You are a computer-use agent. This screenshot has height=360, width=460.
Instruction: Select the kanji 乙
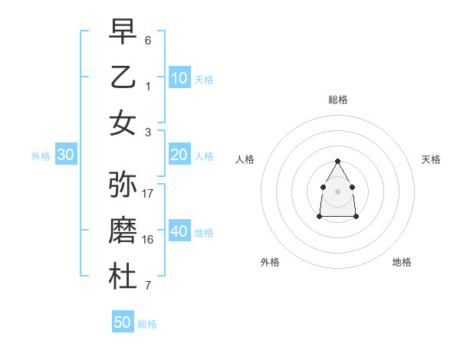point(123,77)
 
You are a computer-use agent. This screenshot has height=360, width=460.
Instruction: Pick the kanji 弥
point(123,185)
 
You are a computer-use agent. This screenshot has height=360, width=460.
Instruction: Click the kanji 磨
point(123,231)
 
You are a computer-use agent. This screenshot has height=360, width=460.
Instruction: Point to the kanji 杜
point(123,277)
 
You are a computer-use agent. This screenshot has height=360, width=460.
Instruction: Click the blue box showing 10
point(179,77)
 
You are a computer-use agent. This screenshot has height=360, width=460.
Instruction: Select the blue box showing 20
point(179,155)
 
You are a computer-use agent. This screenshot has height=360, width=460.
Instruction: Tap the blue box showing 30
point(66,155)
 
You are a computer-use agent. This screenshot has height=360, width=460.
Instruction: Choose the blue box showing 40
point(179,231)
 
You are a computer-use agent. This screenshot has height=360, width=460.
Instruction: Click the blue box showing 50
point(123,322)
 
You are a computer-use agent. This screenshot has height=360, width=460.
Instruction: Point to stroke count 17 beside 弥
point(149,194)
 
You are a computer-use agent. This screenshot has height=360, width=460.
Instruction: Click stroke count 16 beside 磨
point(149,240)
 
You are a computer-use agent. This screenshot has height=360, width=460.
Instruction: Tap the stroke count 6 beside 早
point(148,39)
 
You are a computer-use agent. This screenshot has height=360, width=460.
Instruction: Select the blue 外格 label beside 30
point(41,156)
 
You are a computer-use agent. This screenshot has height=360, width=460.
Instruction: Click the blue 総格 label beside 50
point(147,324)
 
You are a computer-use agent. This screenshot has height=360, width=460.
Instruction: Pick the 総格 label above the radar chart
point(337,100)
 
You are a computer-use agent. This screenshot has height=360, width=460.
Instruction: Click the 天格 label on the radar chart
point(431,159)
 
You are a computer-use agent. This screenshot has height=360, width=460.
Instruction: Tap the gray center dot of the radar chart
point(337,190)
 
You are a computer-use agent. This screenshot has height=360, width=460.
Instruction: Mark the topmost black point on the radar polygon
point(337,161)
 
